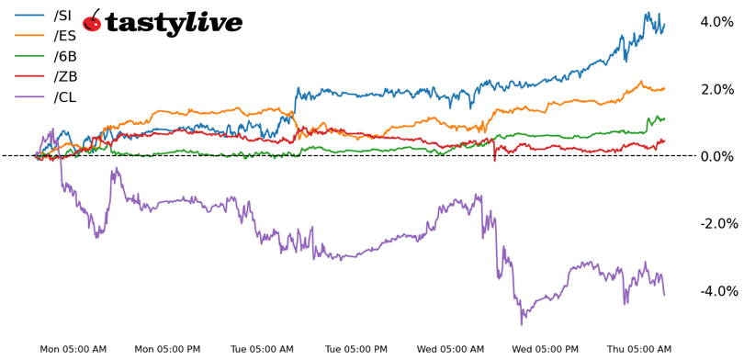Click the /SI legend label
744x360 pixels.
(64, 16)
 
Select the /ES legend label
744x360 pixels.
(64, 36)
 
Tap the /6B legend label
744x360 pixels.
(65, 56)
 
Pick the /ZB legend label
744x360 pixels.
(65, 76)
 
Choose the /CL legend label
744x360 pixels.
(64, 96)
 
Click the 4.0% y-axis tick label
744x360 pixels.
(716, 22)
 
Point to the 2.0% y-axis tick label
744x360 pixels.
(716, 89)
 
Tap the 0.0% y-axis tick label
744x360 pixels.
(716, 156)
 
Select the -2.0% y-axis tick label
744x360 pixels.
(715, 224)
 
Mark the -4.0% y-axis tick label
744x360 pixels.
(715, 291)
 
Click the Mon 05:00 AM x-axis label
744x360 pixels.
(73, 349)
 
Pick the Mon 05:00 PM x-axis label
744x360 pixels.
(167, 349)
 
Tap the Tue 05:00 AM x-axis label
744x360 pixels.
(262, 349)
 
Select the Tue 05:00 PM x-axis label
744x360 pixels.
(356, 349)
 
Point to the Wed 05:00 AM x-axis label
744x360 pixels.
(450, 349)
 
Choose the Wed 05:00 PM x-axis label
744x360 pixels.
(545, 349)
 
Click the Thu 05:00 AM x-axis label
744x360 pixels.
(639, 349)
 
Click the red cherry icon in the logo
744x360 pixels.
(92, 22)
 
